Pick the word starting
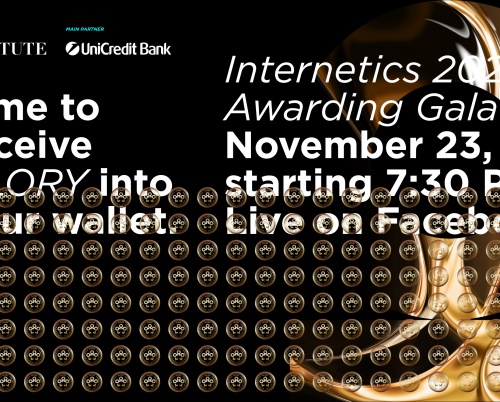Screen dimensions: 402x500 click(291, 183)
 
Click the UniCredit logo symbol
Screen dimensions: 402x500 click(75, 47)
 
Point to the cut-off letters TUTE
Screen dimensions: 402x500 click(23, 47)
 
